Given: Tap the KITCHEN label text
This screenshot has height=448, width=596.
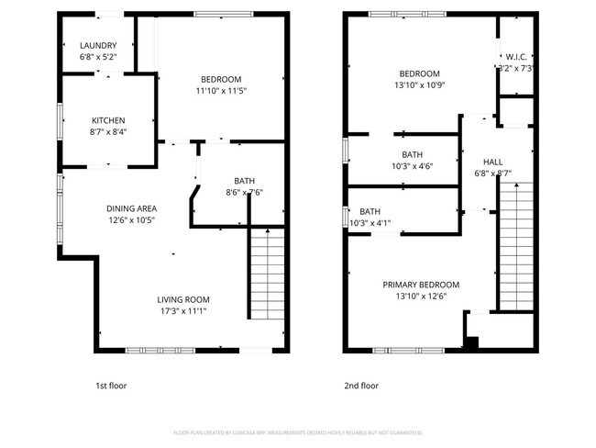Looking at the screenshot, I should pyautogui.click(x=108, y=120).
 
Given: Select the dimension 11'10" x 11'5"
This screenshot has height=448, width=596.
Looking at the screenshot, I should pyautogui.click(x=221, y=90).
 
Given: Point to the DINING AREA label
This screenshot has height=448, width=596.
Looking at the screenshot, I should pyautogui.click(x=132, y=208).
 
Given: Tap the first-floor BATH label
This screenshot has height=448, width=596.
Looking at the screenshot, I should pyautogui.click(x=244, y=181).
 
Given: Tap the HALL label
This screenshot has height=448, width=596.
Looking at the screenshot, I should pyautogui.click(x=493, y=161).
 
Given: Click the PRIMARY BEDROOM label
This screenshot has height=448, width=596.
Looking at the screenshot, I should pyautogui.click(x=421, y=285).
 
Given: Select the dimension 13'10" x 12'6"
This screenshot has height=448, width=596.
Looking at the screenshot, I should pyautogui.click(x=420, y=296).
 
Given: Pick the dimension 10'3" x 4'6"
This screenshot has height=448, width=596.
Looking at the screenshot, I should pyautogui.click(x=412, y=166).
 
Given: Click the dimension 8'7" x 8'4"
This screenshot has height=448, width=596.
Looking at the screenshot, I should pyautogui.click(x=108, y=131).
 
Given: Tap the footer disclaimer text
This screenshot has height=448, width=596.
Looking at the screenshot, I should pyautogui.click(x=297, y=431).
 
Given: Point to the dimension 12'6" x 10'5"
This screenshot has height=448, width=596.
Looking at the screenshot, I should pyautogui.click(x=132, y=219).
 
